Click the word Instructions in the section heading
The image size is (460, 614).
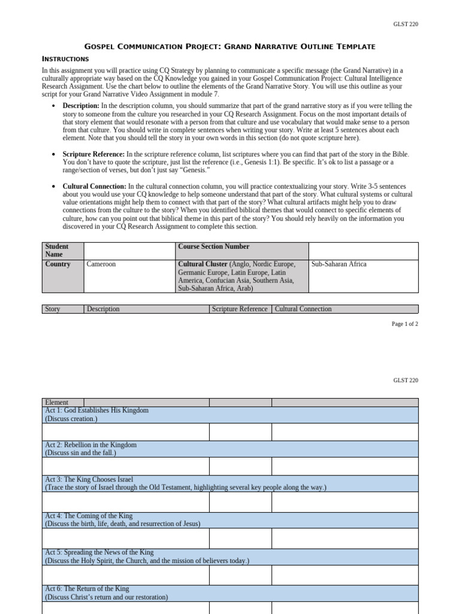65,59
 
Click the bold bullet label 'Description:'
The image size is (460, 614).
81,106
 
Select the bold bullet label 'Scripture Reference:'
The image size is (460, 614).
93,154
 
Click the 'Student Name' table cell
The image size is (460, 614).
57,250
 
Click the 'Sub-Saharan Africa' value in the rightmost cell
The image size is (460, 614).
338,264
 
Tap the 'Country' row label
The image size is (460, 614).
57,264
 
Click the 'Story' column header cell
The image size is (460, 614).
53,309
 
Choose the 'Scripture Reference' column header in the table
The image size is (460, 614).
240,309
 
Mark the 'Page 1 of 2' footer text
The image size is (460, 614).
405,324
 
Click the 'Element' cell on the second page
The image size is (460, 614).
57,402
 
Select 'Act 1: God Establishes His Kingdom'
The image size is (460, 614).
97,411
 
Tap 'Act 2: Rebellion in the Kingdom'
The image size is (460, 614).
91,445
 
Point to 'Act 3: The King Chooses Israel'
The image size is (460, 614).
89,480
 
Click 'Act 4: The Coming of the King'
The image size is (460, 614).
89,516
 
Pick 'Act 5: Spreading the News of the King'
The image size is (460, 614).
99,552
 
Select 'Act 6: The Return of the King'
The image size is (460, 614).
87,589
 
